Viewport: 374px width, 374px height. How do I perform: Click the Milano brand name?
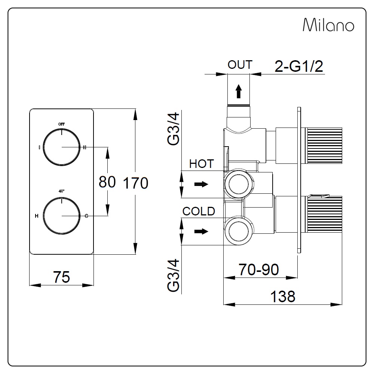coord(328,25)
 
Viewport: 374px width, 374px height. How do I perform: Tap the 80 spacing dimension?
coord(107,182)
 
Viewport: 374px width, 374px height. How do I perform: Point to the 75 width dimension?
coord(61,277)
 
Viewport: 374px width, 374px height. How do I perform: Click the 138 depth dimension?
coord(283,296)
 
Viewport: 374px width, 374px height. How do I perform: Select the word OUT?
coord(240,65)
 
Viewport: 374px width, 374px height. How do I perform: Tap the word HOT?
coord(201,164)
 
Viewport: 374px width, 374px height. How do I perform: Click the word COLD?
coord(199,211)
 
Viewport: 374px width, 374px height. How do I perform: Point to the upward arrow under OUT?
coord(239,91)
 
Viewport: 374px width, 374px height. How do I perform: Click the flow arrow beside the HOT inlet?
coord(201,184)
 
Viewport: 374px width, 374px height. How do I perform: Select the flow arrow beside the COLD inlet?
coord(201,232)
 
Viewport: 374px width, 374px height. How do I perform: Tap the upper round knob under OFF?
coord(61,147)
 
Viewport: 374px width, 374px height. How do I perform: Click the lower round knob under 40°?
coord(61,216)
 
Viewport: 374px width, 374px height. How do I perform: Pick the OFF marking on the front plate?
coord(61,124)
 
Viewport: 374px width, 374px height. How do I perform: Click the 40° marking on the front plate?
coord(61,191)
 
